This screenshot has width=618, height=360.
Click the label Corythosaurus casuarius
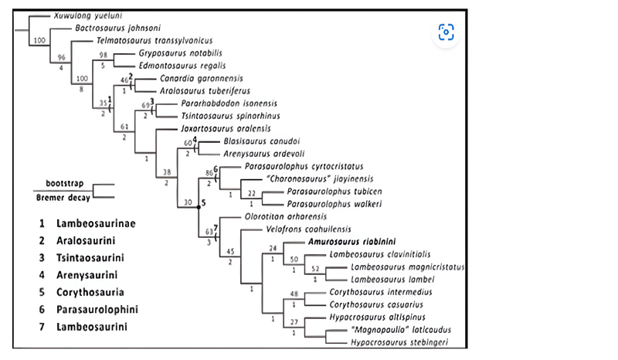[370, 304]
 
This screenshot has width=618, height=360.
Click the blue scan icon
[446, 32]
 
